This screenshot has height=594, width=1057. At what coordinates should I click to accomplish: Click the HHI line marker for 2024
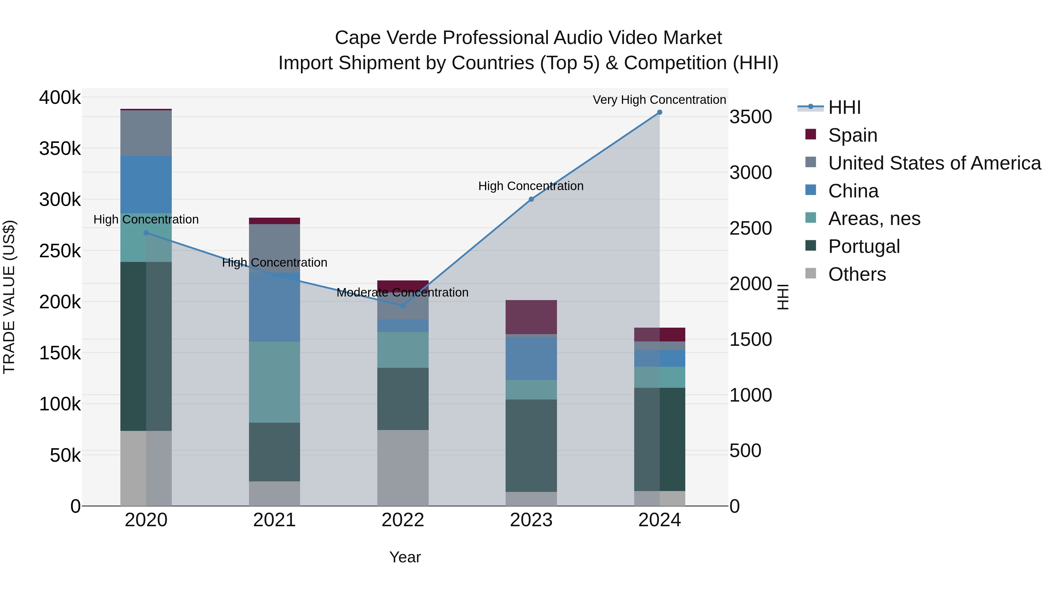(x=659, y=112)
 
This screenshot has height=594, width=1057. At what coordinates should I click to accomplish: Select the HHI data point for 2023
(x=531, y=199)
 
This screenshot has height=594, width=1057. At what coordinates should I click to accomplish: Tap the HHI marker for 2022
(x=403, y=305)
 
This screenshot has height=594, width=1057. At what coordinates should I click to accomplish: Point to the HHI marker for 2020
(x=146, y=233)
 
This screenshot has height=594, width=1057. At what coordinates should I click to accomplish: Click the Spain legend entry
(x=852, y=135)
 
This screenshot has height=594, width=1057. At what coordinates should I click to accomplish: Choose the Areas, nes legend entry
(x=874, y=219)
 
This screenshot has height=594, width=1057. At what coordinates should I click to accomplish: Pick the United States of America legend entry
(x=934, y=163)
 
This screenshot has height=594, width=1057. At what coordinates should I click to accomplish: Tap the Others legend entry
(x=857, y=274)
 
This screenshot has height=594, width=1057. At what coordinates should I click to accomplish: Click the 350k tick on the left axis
(x=60, y=148)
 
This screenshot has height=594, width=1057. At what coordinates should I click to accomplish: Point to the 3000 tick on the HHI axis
(x=750, y=172)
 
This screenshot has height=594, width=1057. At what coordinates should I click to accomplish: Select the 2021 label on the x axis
(x=274, y=520)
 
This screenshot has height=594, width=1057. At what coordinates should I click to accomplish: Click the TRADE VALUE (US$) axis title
(x=9, y=297)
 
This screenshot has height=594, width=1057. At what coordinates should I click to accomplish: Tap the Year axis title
(x=405, y=557)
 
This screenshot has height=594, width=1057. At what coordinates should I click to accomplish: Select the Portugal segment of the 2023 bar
(x=531, y=445)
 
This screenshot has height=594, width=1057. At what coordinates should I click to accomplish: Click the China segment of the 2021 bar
(x=274, y=307)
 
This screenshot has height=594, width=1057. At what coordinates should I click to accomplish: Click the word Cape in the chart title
(x=356, y=38)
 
